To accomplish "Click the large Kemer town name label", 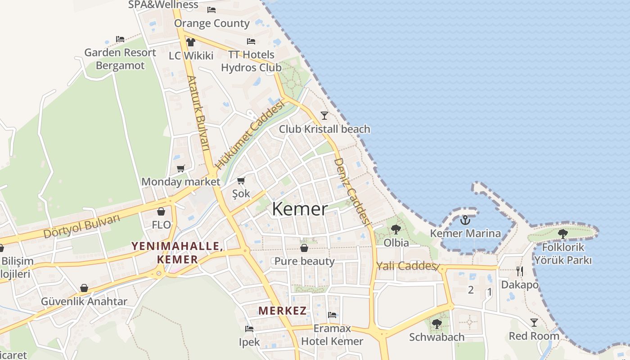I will coord(300,209).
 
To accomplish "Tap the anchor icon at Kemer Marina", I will coord(465,220).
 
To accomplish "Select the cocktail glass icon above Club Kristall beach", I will coord(324,115).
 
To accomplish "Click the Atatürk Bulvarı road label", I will coord(198,112).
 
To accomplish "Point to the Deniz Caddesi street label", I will coord(352,191).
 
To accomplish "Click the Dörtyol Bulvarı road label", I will coord(82,226).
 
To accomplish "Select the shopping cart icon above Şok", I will coord(241,181).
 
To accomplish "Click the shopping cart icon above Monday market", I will coord(180,169).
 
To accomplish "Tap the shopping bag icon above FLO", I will coord(161,211).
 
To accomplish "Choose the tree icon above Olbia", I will coord(396,229).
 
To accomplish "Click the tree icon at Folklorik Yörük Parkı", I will coord(562,234).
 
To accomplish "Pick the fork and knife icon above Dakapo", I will coord(520,271).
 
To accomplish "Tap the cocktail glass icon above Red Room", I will coord(534,323).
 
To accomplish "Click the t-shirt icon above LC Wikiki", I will coord(191,42).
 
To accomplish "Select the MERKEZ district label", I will coord(283,310).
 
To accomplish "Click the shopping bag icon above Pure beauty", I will coord(304,248).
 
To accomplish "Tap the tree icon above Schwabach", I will coord(436,324).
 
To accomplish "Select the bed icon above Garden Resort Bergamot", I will coord(120,39).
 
